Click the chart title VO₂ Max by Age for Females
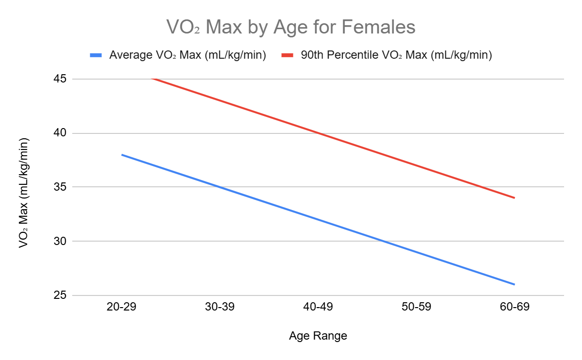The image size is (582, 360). (291, 27)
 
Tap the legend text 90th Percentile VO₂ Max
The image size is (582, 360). (396, 55)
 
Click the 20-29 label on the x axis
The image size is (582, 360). (122, 307)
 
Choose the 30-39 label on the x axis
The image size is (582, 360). (220, 307)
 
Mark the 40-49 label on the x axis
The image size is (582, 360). (318, 307)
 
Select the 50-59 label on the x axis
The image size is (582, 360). (416, 307)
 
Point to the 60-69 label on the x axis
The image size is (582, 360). (514, 307)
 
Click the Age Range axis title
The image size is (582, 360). (318, 336)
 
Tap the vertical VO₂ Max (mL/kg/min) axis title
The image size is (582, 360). (23, 193)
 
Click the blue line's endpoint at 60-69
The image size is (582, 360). (514, 284)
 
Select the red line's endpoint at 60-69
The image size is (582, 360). (514, 197)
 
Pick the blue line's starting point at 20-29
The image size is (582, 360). (122, 155)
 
